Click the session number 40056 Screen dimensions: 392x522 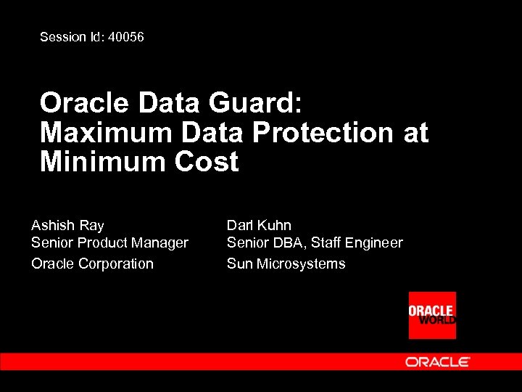point(125,36)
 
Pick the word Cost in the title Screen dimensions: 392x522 point(207,161)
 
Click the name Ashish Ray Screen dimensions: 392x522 point(67,225)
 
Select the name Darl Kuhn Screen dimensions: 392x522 point(259,225)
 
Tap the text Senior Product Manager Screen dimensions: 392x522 point(109,243)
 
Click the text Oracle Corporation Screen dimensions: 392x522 point(92,264)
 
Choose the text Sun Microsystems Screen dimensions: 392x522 point(286,264)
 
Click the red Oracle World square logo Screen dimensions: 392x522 point(432,315)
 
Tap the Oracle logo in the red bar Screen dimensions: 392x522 point(437,362)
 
